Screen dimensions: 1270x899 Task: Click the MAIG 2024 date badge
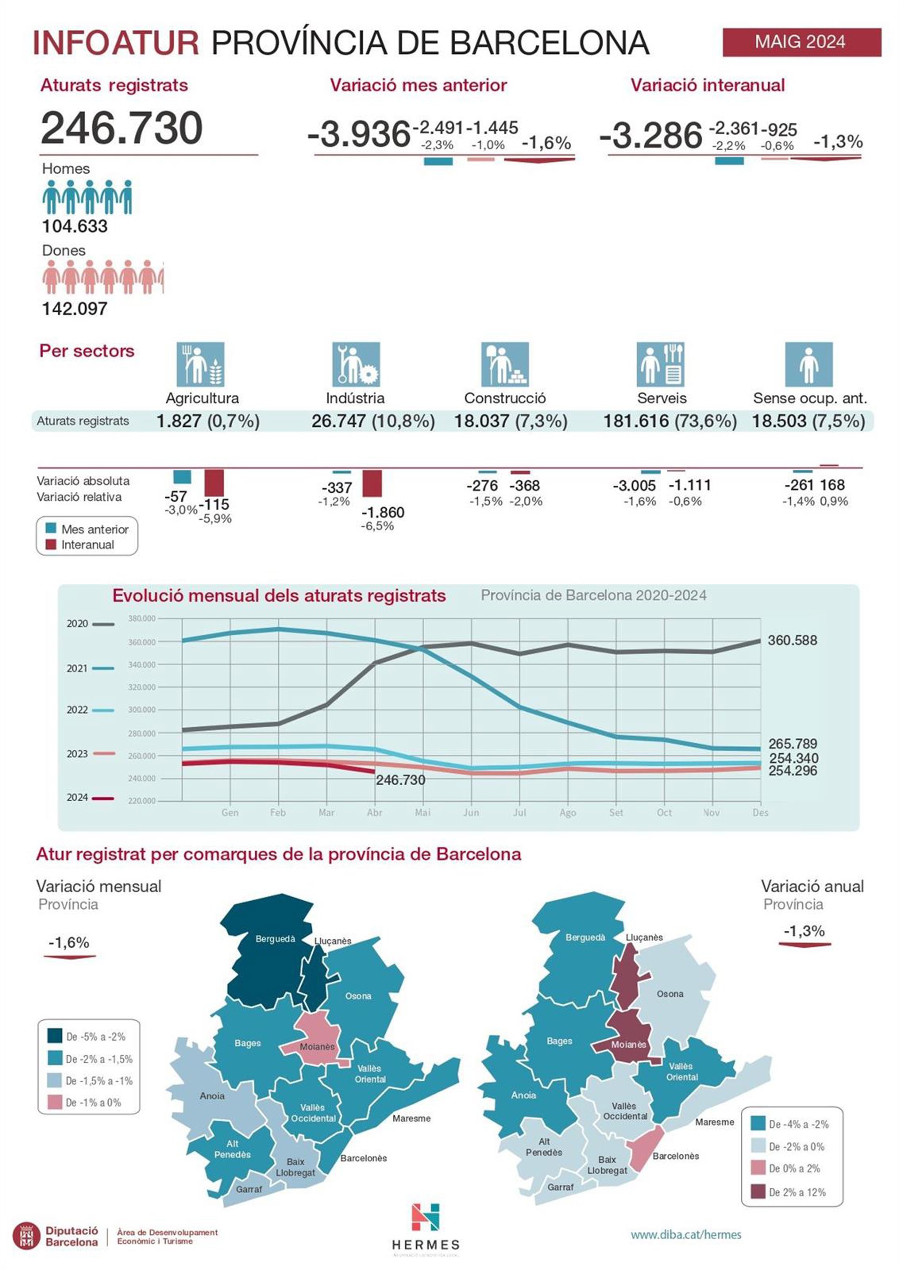pyautogui.click(x=801, y=42)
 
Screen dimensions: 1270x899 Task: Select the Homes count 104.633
pyautogui.click(x=75, y=226)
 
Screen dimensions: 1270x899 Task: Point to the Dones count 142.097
pyautogui.click(x=75, y=309)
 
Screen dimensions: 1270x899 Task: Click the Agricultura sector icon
pyautogui.click(x=200, y=364)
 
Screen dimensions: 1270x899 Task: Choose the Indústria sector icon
pyautogui.click(x=356, y=364)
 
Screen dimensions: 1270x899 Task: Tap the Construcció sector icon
pyautogui.click(x=505, y=364)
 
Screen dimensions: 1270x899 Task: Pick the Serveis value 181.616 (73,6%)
pyautogui.click(x=670, y=422)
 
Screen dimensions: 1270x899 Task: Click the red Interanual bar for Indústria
pyautogui.click(x=372, y=483)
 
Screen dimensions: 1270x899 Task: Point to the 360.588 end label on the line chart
pyautogui.click(x=792, y=641)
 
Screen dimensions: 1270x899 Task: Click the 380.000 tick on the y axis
pyautogui.click(x=142, y=619)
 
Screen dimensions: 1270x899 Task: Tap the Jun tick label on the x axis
pyautogui.click(x=471, y=812)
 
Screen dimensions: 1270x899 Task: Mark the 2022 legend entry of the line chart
pyautogui.click(x=90, y=710)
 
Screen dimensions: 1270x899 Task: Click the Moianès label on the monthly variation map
pyautogui.click(x=317, y=1047)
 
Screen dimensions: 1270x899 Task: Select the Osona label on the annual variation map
pyautogui.click(x=670, y=994)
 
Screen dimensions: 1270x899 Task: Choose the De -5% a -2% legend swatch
pyautogui.click(x=55, y=1036)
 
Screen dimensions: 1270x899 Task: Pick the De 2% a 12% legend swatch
pyautogui.click(x=758, y=1192)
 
